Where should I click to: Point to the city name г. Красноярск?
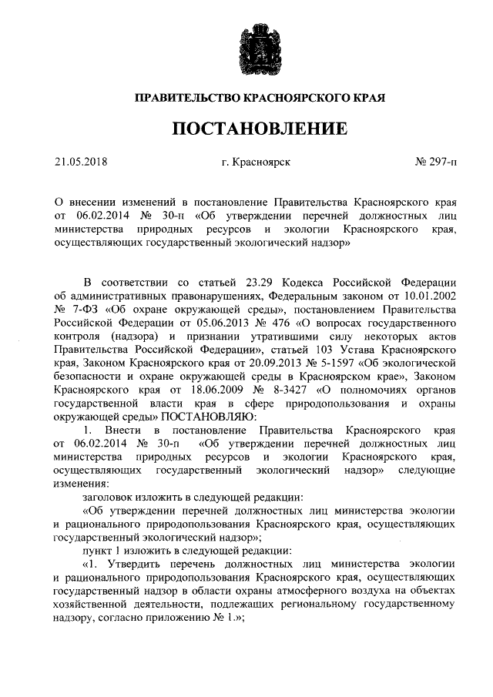(x=255, y=163)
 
